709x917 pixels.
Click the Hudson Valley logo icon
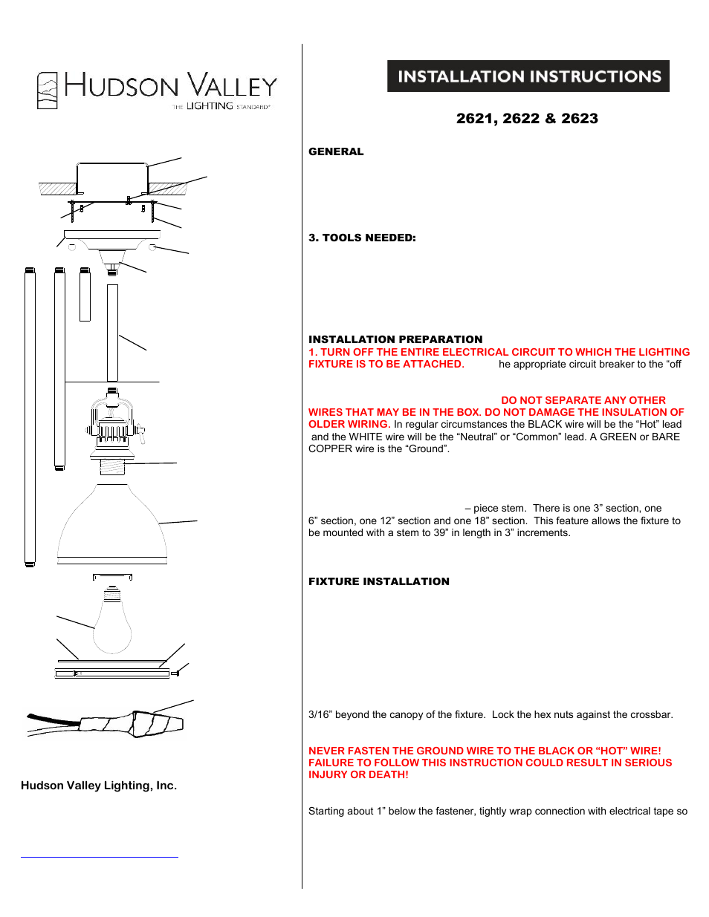pyautogui.click(x=48, y=91)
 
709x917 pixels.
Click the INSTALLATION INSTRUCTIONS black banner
pyautogui.click(x=528, y=76)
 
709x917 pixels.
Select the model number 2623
pyautogui.click(x=580, y=119)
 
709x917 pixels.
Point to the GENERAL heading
pyautogui.click(x=336, y=151)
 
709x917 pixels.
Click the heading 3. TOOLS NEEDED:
pyautogui.click(x=362, y=238)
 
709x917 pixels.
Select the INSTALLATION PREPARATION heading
pyautogui.click(x=395, y=339)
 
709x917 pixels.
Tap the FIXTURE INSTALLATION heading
pyautogui.click(x=379, y=581)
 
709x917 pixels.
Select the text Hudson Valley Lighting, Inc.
pyautogui.click(x=99, y=786)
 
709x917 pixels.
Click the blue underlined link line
pyautogui.click(x=100, y=857)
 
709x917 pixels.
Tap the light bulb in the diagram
pyautogui.click(x=112, y=624)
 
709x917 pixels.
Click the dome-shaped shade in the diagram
pyautogui.click(x=112, y=523)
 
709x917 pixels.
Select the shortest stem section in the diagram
pyautogui.click(x=85, y=295)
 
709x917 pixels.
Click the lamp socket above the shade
pyautogui.click(x=112, y=427)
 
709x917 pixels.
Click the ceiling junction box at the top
pyautogui.click(x=112, y=180)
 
